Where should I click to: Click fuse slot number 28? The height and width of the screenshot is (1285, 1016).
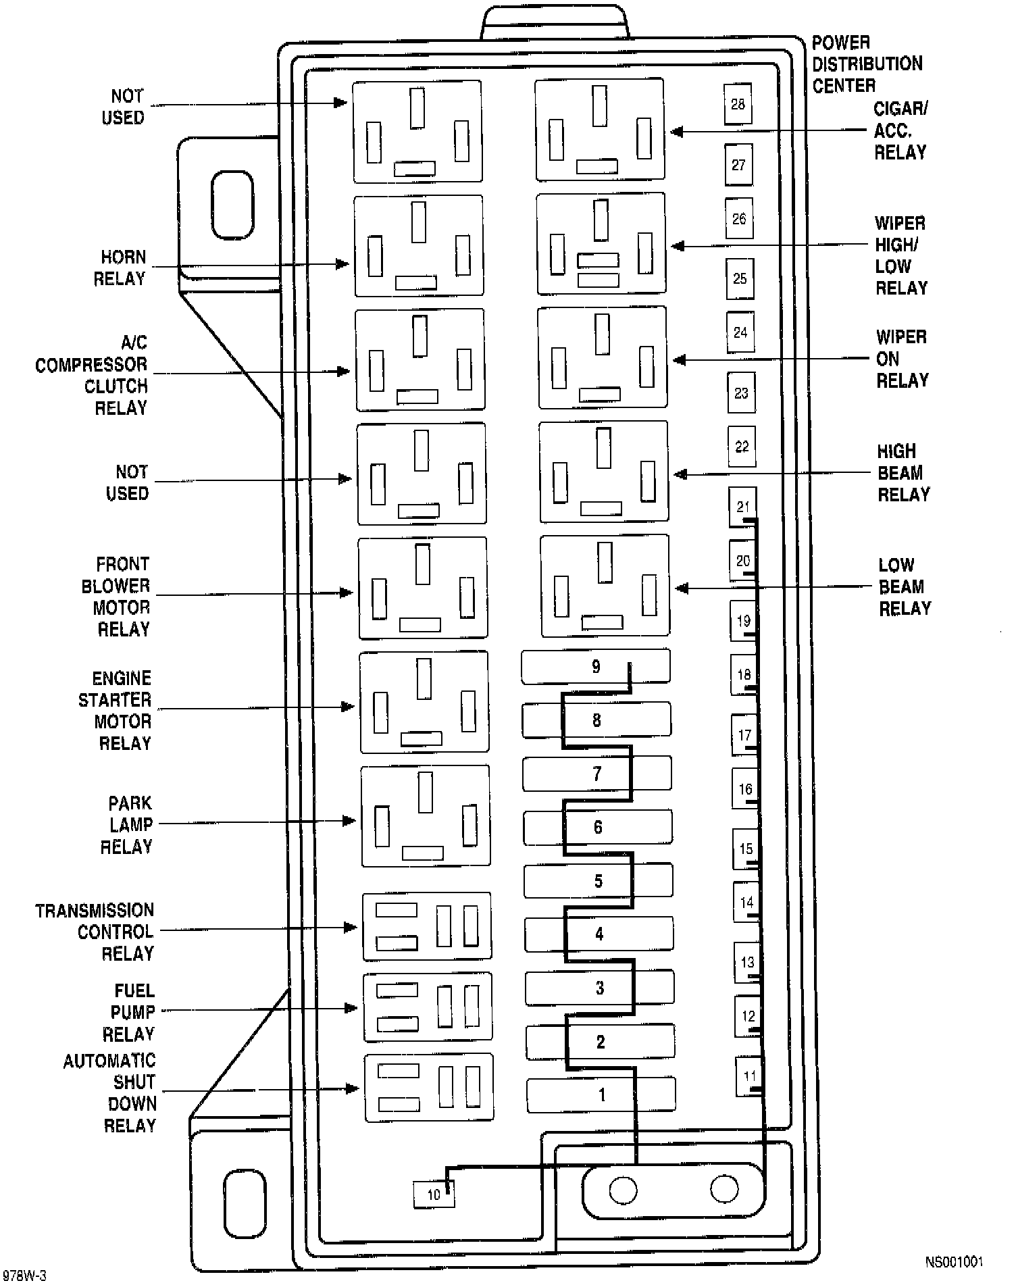tap(738, 104)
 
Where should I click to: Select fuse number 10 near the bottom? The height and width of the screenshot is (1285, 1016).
tap(434, 1194)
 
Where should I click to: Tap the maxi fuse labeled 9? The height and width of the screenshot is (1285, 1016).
tap(596, 667)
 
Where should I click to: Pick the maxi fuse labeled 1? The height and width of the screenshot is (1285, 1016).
tap(601, 1095)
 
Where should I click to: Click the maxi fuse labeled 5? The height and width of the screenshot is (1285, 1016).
tap(599, 881)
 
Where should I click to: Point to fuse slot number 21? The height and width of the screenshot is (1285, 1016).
tap(742, 507)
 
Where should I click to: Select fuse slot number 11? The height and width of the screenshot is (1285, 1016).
tap(749, 1076)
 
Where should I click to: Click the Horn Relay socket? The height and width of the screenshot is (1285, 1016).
tap(419, 245)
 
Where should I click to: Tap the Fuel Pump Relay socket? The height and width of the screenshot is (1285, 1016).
tap(428, 1007)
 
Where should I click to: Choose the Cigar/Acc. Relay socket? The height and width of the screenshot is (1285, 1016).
tap(600, 130)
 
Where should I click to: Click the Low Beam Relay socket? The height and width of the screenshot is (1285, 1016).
tap(605, 586)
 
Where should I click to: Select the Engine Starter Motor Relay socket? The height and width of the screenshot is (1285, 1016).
tap(424, 702)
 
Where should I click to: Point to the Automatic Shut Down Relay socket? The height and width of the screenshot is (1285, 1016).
tap(429, 1088)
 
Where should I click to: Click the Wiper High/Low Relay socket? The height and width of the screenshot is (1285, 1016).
tap(601, 244)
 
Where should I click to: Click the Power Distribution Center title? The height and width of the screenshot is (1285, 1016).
tap(867, 64)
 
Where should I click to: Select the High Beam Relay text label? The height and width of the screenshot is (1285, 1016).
tap(903, 473)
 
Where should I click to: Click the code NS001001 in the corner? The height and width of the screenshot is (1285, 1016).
tap(954, 1261)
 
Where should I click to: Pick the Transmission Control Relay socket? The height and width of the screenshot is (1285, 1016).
tap(427, 926)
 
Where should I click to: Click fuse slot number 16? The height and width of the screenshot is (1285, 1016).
tap(745, 789)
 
